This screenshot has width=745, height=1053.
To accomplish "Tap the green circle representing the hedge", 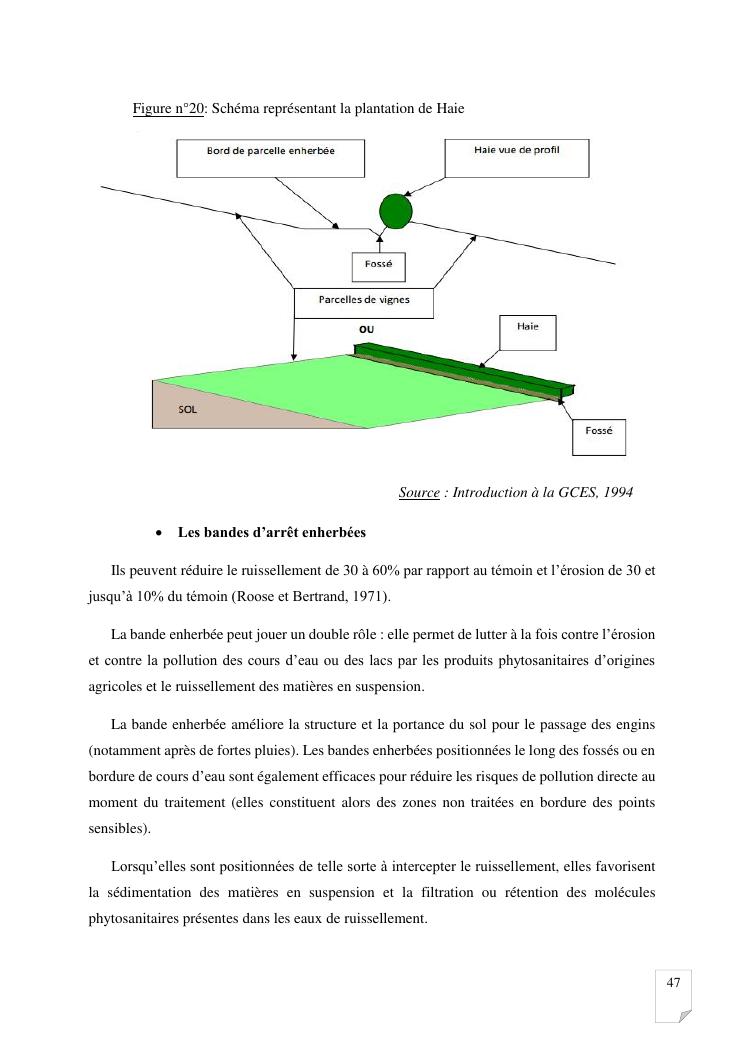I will (395, 211).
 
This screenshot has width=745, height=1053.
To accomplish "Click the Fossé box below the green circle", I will (378, 267).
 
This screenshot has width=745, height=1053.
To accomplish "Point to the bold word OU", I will (367, 329).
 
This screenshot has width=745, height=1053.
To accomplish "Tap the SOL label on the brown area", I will (187, 409).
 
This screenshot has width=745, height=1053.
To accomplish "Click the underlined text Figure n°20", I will (168, 108).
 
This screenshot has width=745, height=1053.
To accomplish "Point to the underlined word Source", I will (419, 492).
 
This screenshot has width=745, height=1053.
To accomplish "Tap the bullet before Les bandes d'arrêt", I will (160, 532).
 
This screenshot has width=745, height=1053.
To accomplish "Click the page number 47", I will (673, 983).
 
